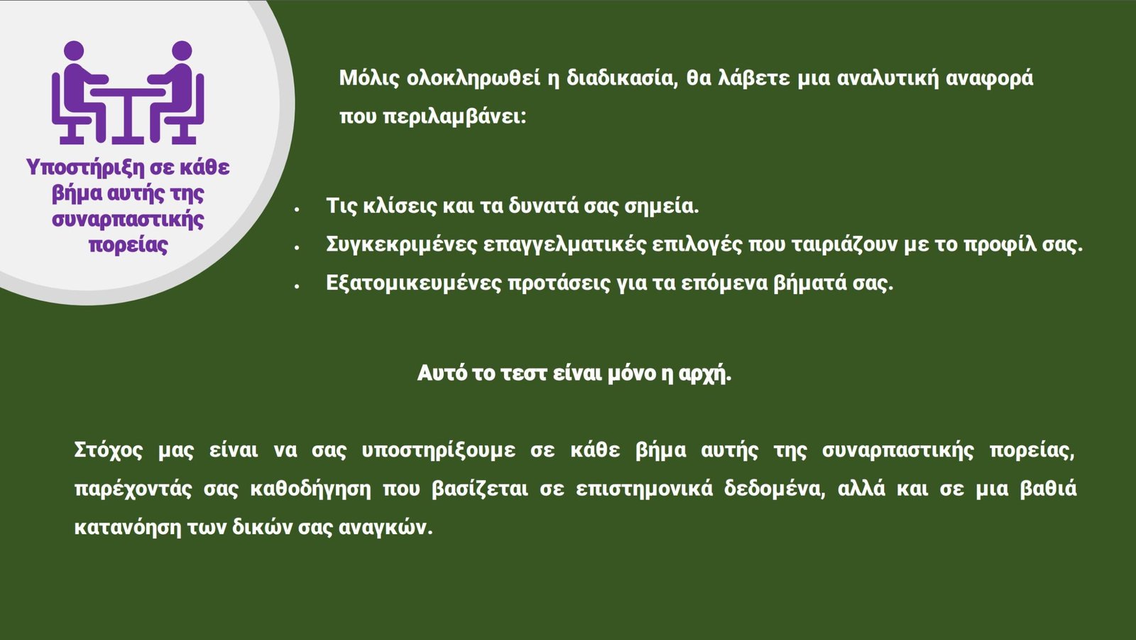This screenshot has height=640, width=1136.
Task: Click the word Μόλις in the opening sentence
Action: tap(368, 78)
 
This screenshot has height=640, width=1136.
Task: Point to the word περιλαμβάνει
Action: tap(454, 116)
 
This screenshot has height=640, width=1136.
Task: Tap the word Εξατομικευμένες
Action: tap(414, 283)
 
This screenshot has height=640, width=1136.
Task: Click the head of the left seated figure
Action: tap(74, 50)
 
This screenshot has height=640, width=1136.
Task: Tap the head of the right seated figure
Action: tap(182, 50)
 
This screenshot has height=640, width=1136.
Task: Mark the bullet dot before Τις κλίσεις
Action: tap(297, 209)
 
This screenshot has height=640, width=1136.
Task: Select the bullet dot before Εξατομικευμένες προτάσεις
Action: tap(297, 286)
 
